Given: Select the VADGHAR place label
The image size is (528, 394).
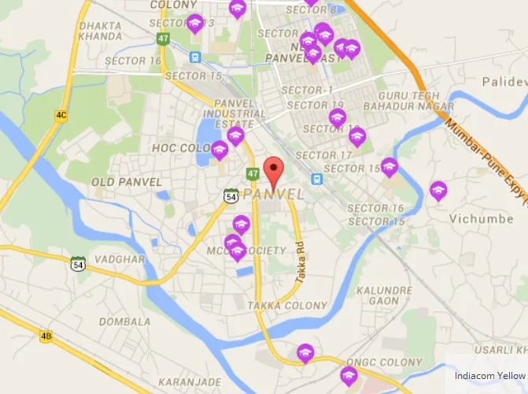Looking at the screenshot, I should pyautogui.click(x=119, y=259).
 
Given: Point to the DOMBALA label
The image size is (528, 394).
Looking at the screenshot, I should pyautogui.click(x=124, y=322).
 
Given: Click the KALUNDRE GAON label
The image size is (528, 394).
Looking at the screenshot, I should pyautogui.click(x=384, y=295).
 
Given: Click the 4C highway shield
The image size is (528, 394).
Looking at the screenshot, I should pyautogui.click(x=61, y=115).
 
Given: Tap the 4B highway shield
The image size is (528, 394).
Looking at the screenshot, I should pyautogui.click(x=46, y=336).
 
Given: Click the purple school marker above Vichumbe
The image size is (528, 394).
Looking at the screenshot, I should pyautogui.click(x=438, y=191).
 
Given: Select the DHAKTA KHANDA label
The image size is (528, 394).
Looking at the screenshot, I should pyautogui.click(x=100, y=32).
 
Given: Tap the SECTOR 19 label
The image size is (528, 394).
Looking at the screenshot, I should pyautogui.click(x=316, y=105).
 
